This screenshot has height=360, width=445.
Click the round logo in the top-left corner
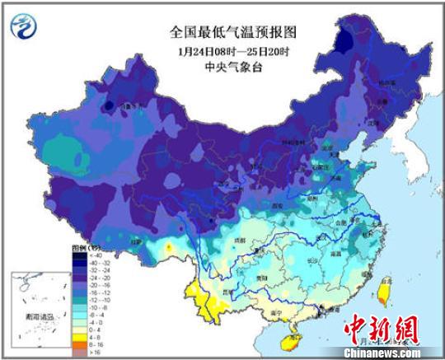pyautogui.click(x=25, y=28)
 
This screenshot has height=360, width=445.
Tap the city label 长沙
pyautogui.click(x=307, y=262)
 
